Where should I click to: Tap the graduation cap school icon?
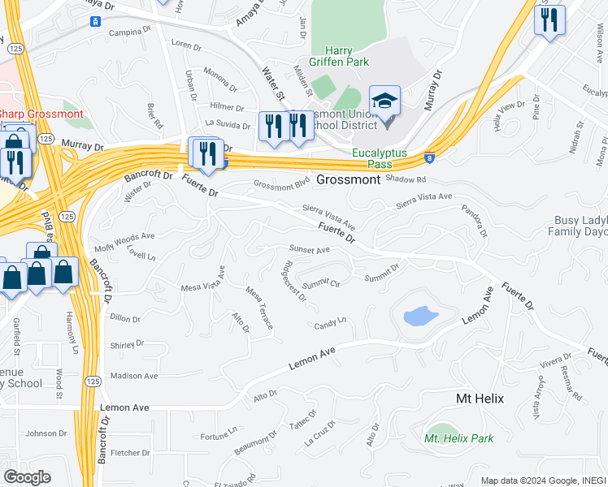[x=384, y=101]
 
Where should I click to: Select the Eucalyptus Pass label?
[x=378, y=157]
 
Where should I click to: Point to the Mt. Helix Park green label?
[x=458, y=438]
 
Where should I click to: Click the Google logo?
[x=26, y=476]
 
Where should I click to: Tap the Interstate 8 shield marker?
[x=428, y=160]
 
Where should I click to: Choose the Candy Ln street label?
[x=331, y=325]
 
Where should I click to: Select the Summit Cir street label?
[x=320, y=284]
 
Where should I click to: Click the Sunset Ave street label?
[x=309, y=250]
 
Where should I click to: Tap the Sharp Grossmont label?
[x=41, y=114]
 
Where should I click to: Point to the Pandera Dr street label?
[x=473, y=220]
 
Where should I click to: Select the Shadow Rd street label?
[x=406, y=179]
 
